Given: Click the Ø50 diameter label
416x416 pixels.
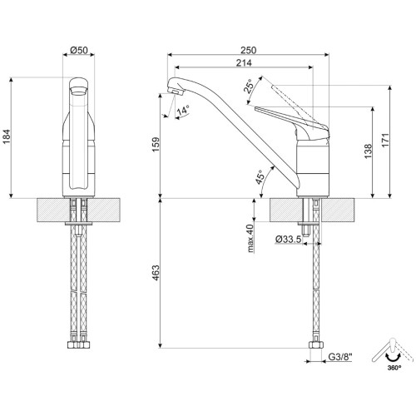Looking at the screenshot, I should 79,51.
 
